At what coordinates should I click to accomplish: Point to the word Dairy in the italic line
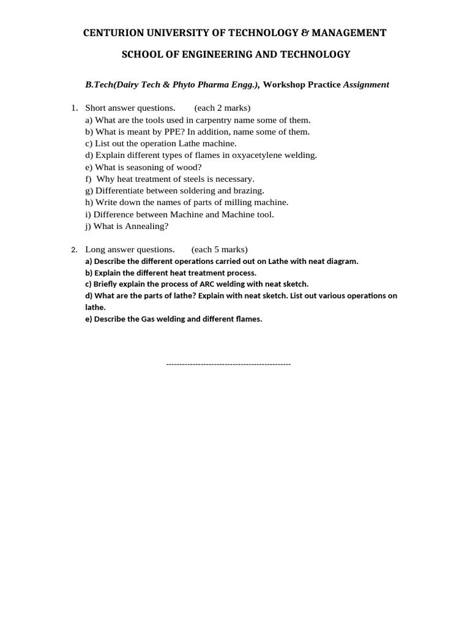[x=126, y=84]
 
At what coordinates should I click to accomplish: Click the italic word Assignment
[x=366, y=84]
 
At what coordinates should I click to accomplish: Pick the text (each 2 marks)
[x=223, y=108]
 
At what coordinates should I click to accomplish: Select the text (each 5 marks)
[x=220, y=250]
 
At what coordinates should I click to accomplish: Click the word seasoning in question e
[x=148, y=167]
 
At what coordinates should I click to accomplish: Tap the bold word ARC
[x=208, y=284]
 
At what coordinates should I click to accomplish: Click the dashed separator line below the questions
[x=228, y=365]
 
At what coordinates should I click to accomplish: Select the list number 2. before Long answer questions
[x=74, y=250]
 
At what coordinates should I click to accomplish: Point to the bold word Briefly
[x=108, y=284]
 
